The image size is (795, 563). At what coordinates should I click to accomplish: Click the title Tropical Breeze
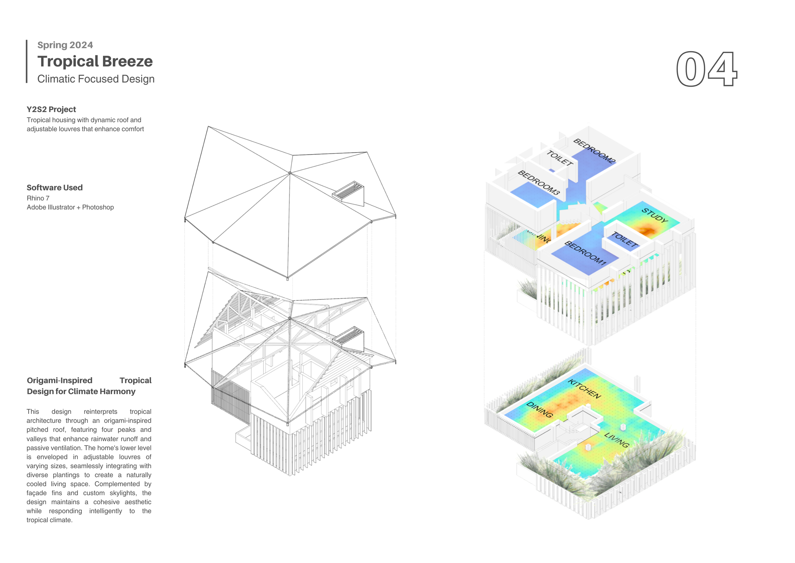pyautogui.click(x=95, y=61)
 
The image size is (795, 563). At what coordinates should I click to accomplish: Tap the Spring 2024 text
pyautogui.click(x=65, y=45)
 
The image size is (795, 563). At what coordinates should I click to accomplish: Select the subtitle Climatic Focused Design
pyautogui.click(x=96, y=79)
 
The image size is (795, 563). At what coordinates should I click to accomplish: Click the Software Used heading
pyautogui.click(x=55, y=188)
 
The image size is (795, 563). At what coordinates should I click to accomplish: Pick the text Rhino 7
pyautogui.click(x=38, y=198)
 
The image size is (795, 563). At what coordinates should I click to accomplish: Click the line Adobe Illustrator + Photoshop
pyautogui.click(x=70, y=207)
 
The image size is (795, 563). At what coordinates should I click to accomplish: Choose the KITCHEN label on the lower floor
pyautogui.click(x=584, y=389)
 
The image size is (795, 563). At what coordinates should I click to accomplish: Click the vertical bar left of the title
pyautogui.click(x=27, y=61)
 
